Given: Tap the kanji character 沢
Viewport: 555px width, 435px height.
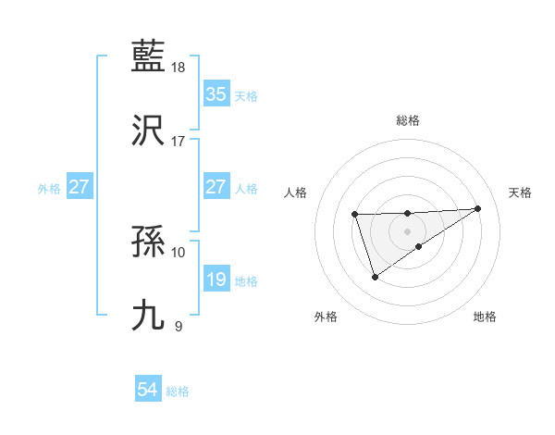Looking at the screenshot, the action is coord(149,130).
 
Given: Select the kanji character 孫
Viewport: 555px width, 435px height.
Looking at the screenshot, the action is coord(149,242).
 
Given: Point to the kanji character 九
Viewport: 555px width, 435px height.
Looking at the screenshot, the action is coord(149,316).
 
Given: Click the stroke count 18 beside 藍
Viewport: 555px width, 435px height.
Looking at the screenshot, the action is coord(179,68).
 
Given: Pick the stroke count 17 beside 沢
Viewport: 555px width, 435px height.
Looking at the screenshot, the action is coord(179,142).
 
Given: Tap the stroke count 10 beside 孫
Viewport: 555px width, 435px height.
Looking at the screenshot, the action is coord(179,252).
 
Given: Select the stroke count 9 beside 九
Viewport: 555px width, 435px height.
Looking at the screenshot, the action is coord(178,326).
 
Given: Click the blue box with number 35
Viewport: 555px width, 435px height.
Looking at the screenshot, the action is coord(216,94).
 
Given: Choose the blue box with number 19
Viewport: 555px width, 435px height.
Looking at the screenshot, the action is coord(216,280).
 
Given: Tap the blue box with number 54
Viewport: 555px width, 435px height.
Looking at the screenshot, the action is coord(147,391).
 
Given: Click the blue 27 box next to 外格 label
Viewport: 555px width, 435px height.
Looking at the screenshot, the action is coord(79,187).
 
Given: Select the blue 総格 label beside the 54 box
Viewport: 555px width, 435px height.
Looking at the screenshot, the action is coord(178,391).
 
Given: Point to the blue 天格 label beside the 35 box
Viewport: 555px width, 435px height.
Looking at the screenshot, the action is coord(246,95).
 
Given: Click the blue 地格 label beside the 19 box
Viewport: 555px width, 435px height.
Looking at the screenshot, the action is coord(246,280).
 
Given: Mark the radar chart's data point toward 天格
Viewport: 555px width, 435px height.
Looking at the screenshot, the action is coord(477,208).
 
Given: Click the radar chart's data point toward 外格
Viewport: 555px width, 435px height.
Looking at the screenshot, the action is coord(375,277).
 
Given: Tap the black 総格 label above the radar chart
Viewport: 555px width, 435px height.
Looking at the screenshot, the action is coord(408,120).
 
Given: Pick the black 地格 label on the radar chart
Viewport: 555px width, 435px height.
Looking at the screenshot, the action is coord(485,317).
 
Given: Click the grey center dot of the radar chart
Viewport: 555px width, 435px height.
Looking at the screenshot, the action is coord(408,230).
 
